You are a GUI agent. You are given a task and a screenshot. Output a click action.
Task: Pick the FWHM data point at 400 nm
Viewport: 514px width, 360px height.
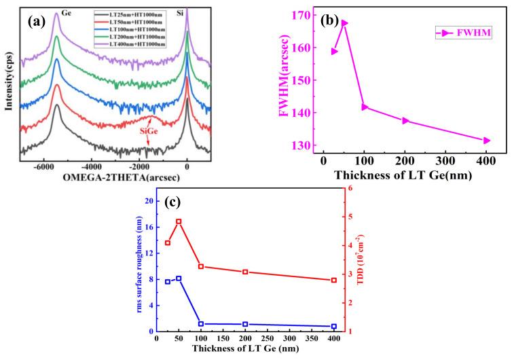point(486,141)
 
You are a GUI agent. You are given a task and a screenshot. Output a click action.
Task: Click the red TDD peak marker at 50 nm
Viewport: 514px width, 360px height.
point(179,221)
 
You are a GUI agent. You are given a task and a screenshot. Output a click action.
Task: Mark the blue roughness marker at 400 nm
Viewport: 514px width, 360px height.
point(333,327)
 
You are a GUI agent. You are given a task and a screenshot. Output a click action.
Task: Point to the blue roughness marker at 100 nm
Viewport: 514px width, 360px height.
point(201,324)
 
